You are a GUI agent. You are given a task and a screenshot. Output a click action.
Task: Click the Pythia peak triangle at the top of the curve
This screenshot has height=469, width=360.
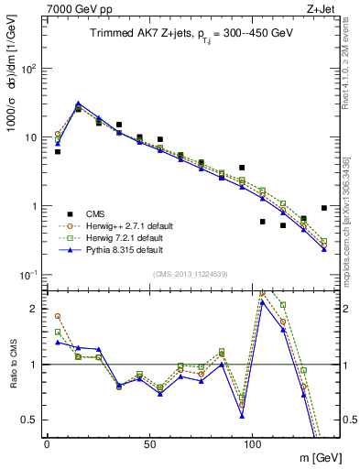(78, 104)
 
